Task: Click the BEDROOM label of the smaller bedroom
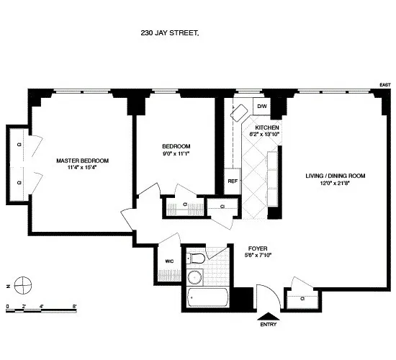click(x=174, y=144)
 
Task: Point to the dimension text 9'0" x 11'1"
click(x=174, y=153)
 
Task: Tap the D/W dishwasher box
click(x=261, y=107)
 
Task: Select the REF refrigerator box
click(x=233, y=181)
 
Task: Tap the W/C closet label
click(x=169, y=261)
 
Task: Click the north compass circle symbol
click(x=24, y=282)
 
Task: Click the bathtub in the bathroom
click(x=207, y=297)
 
